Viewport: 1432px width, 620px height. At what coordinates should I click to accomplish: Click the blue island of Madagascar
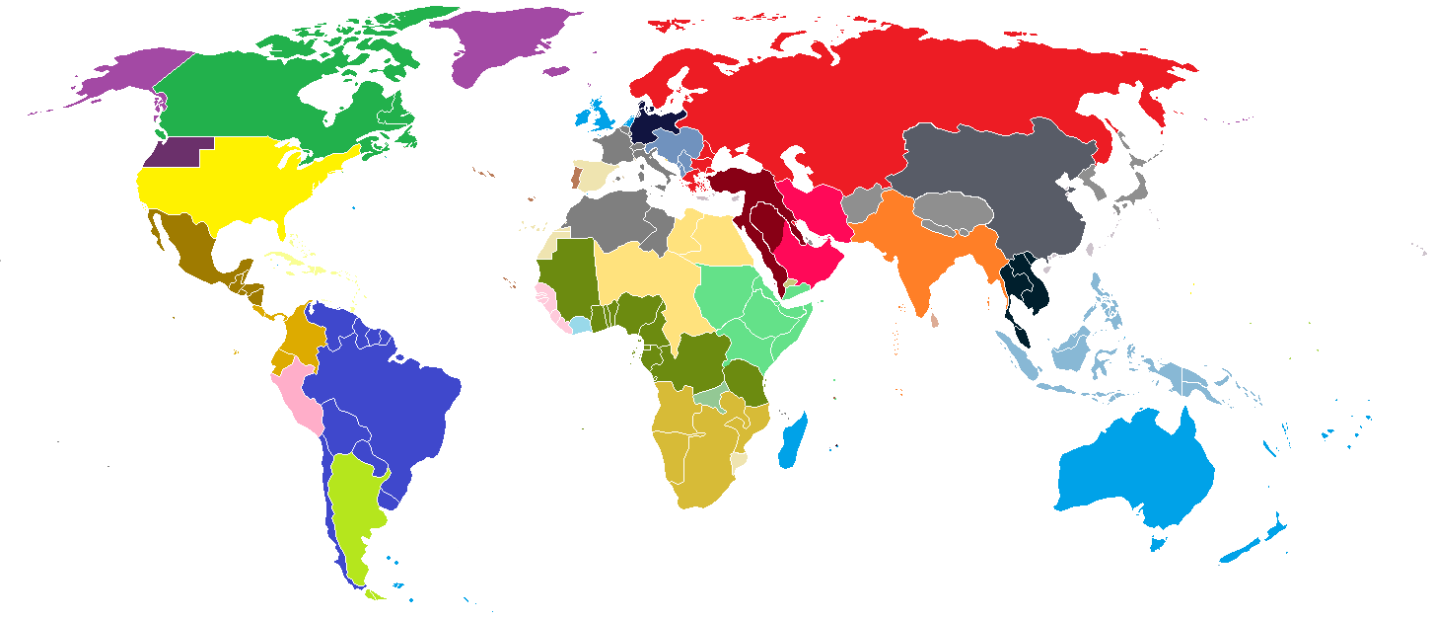click(793, 442)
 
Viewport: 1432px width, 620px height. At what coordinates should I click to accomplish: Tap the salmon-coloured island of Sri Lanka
click(934, 320)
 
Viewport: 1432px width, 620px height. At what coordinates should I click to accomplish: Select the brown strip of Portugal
click(576, 179)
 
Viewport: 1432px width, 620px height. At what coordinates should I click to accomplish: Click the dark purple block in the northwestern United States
click(174, 152)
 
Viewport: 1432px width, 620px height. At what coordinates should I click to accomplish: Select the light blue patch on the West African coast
click(581, 324)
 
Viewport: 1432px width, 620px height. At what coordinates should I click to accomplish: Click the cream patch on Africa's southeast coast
click(741, 461)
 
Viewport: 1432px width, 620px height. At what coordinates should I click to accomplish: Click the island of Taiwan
click(1089, 250)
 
